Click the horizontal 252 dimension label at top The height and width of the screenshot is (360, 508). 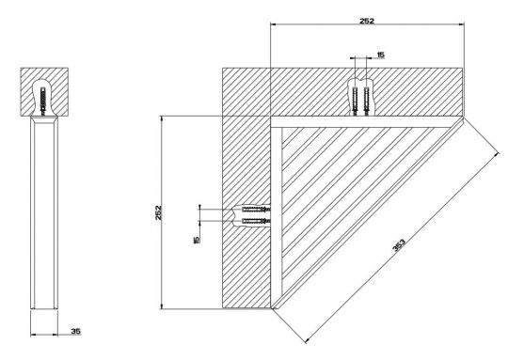(367, 21)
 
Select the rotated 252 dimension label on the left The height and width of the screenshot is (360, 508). (158, 212)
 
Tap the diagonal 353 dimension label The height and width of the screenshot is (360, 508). (399, 245)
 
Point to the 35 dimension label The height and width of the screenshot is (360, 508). (76, 331)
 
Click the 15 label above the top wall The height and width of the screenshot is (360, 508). (381, 55)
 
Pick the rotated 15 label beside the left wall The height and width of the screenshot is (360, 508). (196, 240)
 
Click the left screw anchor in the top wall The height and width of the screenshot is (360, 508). (356, 101)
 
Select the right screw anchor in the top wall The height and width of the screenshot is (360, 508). (367, 101)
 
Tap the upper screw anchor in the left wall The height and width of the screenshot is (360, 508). (256, 210)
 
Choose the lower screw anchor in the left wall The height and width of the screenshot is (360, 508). (256, 221)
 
